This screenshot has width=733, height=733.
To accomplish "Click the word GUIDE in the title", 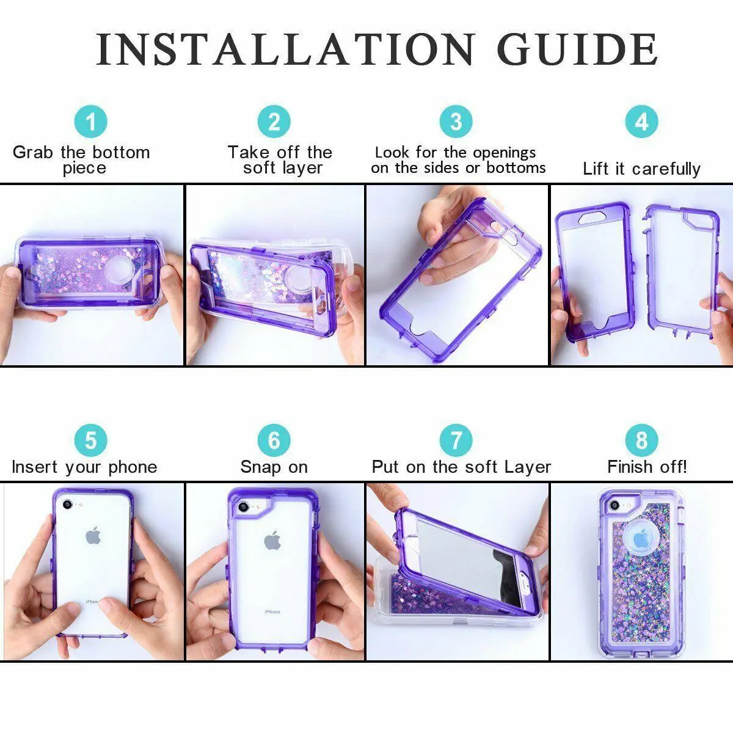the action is point(577,49).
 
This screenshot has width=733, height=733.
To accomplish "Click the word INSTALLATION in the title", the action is point(285,49).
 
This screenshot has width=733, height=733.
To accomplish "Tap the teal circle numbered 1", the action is point(90,122).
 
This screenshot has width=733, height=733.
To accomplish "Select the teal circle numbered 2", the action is point(274,122).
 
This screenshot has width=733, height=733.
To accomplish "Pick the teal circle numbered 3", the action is point(456,122).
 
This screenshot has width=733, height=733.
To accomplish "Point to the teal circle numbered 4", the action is point(642,122).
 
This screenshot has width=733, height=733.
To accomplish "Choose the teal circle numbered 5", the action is point(90,440).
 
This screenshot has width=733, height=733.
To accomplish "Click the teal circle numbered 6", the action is point(274,440).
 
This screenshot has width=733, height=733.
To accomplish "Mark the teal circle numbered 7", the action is point(456,440).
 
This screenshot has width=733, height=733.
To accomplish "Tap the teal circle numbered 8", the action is point(642,440).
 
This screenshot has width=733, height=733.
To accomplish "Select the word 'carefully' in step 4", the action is point(666,169).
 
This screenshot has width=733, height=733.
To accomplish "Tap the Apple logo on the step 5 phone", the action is point(93,536).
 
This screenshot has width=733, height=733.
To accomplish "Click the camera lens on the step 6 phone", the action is point(243,506).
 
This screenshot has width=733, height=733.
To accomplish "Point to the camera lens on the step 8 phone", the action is point(613,506).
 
